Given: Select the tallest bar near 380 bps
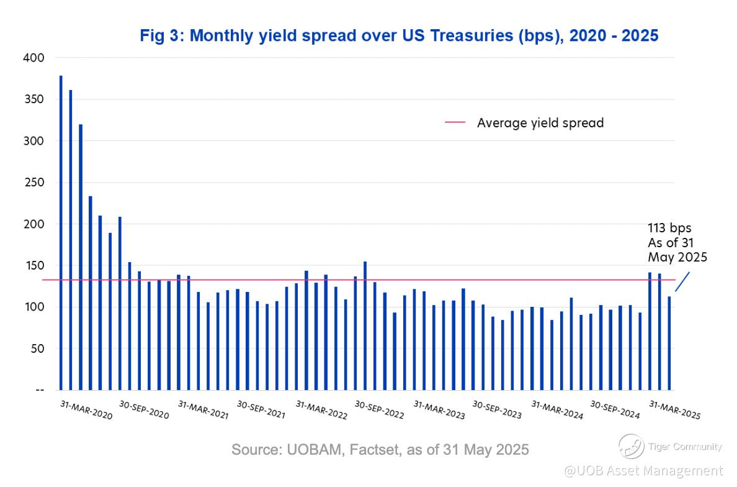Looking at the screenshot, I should tap(61, 232).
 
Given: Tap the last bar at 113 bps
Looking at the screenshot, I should tap(669, 343).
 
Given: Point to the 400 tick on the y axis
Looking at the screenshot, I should tap(34, 58).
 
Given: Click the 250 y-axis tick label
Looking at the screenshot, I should tap(34, 183).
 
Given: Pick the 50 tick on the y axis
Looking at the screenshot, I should tap(37, 348).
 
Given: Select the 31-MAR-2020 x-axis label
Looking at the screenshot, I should tap(87, 411).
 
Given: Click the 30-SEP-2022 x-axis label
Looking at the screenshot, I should tap(379, 411).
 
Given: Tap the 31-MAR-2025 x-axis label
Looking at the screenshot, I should tap(674, 411).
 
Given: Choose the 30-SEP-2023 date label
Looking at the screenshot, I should tap(497, 411).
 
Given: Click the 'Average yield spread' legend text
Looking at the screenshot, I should tap(540, 123).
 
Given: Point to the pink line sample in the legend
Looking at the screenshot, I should tap(455, 123).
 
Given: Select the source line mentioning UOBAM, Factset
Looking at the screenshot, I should tap(380, 449).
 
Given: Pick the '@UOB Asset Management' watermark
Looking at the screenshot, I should tap(643, 471).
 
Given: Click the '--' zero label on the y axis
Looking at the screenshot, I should tap(40, 390).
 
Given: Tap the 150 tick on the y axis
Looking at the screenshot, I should tap(34, 266).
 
